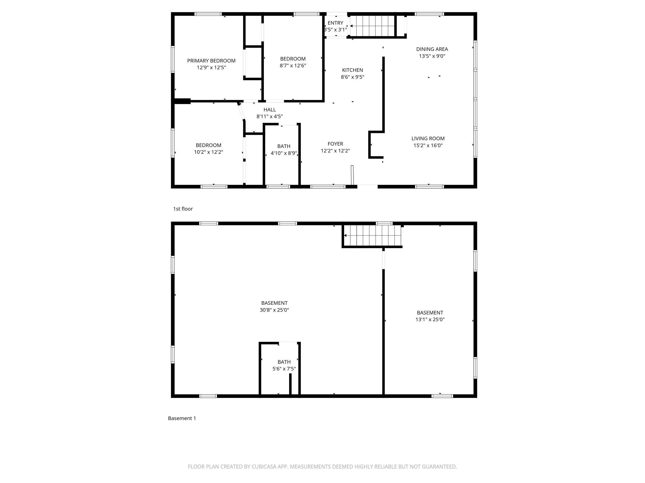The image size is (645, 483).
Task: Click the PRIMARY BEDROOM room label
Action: point(211,61)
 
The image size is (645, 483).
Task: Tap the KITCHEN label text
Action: point(352,70)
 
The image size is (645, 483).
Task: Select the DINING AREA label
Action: point(432,49)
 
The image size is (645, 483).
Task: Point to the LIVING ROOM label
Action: point(428,138)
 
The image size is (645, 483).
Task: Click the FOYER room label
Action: point(335,143)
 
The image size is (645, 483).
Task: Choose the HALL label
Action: point(269,109)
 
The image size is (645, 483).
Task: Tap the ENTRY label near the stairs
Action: point(335,23)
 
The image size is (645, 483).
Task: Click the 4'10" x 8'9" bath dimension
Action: point(284,153)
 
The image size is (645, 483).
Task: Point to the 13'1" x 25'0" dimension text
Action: point(430,319)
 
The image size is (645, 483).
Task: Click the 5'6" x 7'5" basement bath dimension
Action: point(284,369)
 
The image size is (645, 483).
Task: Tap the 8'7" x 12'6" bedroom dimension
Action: point(293,65)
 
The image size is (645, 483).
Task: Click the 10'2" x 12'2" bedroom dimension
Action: point(208,152)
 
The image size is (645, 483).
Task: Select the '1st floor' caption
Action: point(183,209)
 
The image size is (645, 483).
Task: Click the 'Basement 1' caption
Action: point(182,418)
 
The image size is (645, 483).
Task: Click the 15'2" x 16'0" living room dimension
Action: point(428,145)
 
